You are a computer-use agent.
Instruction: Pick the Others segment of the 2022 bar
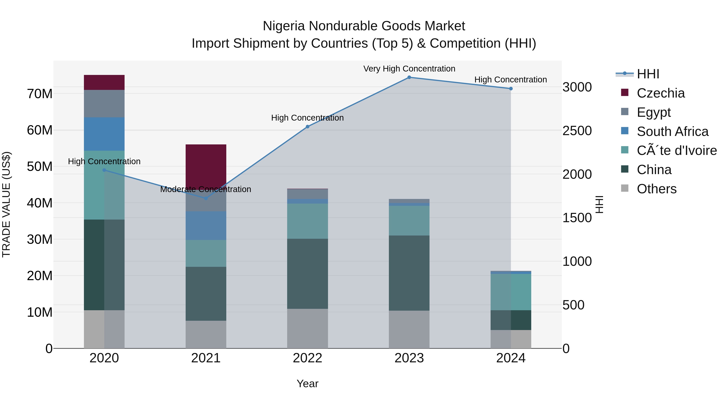pos(307,328)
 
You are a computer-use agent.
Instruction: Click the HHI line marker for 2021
pos(206,198)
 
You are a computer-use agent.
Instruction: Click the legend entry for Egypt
pos(653,112)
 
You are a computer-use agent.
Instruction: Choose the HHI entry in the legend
pos(648,74)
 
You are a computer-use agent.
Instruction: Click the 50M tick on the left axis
pos(40,167)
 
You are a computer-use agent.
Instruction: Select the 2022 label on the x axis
pos(307,358)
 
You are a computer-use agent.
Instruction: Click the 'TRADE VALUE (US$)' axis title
pos(6,204)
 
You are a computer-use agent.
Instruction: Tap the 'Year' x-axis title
pos(307,384)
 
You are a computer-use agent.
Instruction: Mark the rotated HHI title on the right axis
pos(599,204)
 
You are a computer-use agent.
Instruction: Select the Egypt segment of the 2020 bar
pos(104,104)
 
